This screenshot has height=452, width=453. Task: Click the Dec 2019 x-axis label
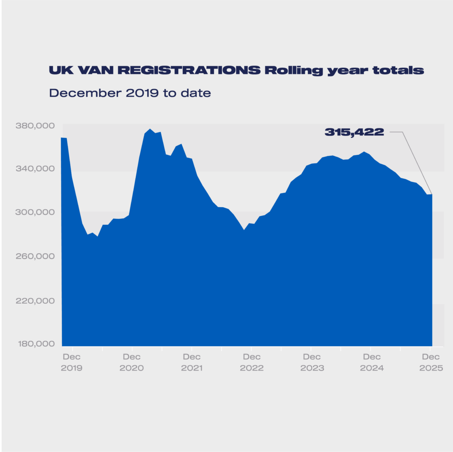coord(72,362)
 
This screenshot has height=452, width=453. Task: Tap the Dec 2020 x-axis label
coord(131,362)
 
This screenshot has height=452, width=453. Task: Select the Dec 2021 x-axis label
coord(192,362)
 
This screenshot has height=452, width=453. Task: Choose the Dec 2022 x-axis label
coord(251,362)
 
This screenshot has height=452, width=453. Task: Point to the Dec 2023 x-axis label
coord(311,362)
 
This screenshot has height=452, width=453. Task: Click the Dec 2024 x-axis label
coord(372,362)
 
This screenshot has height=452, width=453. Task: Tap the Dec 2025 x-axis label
coord(431,362)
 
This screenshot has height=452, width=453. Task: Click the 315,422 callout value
coord(354,132)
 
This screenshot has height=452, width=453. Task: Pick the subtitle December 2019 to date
coord(130,93)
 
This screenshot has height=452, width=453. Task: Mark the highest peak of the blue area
coord(150,129)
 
